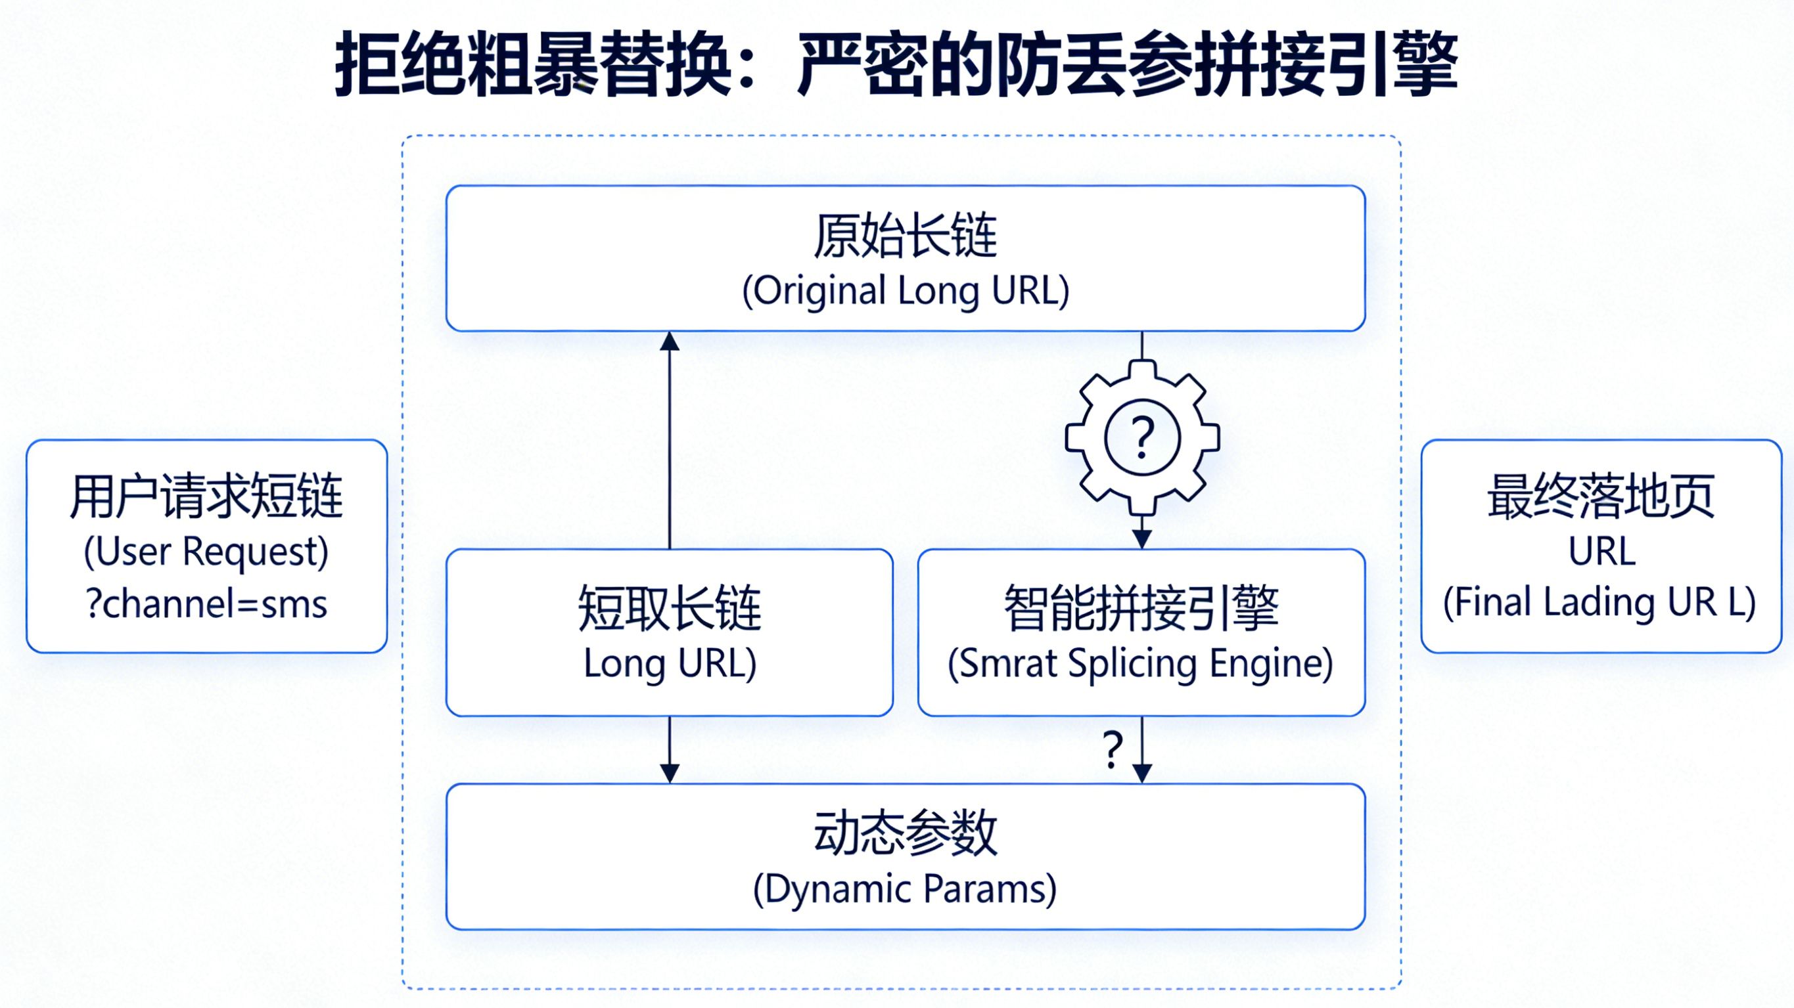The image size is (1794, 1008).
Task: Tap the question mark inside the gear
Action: (1142, 438)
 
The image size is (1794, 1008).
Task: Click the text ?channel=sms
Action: (207, 603)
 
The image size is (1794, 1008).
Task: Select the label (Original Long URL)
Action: (906, 290)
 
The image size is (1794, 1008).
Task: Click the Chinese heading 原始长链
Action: (906, 236)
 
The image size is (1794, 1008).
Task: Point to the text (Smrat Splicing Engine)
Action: (1141, 663)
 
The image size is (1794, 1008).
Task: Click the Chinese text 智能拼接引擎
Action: (1141, 607)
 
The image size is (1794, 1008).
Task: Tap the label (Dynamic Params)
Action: (906, 889)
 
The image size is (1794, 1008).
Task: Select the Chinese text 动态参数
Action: (906, 833)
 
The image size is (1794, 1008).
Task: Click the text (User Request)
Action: (206, 552)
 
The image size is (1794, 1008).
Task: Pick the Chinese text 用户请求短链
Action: (206, 496)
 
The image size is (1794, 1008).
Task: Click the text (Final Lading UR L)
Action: (1599, 602)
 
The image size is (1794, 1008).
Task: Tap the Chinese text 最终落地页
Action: (1600, 496)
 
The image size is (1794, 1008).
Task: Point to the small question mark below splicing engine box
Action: (1113, 750)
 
